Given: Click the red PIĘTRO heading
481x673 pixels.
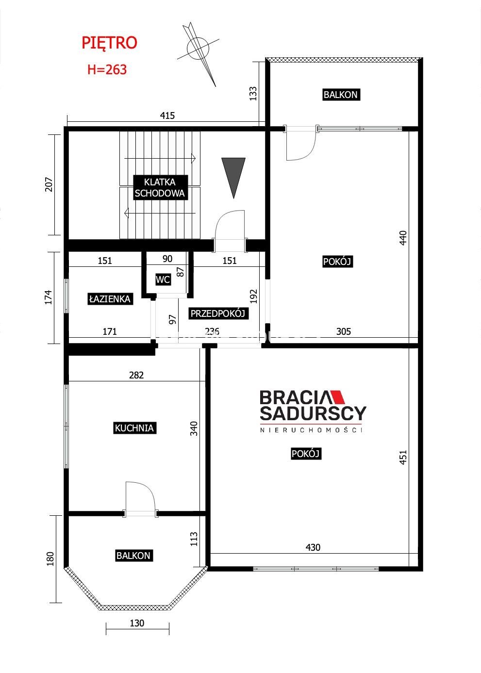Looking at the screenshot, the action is click(109, 43).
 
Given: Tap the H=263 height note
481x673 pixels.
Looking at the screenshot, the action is click(107, 69).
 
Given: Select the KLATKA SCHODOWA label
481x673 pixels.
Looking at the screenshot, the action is click(160, 187).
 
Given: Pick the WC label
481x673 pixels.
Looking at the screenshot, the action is click(163, 279).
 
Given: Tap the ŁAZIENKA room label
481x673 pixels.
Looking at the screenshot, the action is click(110, 299).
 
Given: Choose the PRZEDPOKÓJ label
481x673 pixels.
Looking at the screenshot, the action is click(217, 313).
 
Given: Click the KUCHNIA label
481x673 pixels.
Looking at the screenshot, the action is click(134, 428).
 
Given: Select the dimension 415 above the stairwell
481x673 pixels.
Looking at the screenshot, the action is click(167, 115).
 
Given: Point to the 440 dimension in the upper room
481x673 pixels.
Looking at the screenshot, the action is click(403, 238).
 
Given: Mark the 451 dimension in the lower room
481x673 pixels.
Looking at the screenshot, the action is click(403, 457).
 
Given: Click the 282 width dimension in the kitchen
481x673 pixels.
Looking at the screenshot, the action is click(136, 375).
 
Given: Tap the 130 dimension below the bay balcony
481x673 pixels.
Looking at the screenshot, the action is click(137, 623).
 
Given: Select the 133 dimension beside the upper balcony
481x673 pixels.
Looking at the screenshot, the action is click(253, 94).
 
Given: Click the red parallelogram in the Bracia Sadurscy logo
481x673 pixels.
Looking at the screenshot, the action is click(338, 397).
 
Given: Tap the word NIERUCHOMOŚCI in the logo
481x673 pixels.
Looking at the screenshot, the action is click(311, 430).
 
